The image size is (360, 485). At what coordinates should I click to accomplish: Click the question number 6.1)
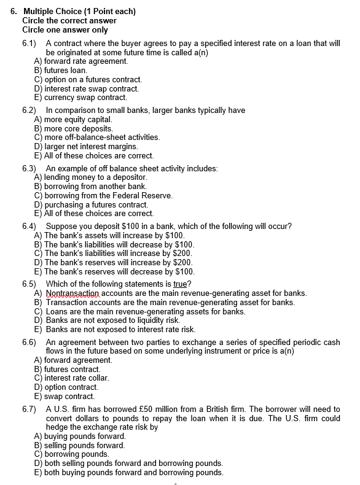click(x=28, y=44)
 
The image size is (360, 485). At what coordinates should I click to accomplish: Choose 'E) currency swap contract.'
click(x=80, y=97)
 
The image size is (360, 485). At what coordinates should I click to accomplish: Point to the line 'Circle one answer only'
click(x=65, y=30)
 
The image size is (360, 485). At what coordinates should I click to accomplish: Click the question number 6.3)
click(x=28, y=169)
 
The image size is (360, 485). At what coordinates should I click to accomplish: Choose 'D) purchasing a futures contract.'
click(x=91, y=204)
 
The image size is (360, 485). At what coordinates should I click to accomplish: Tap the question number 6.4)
click(x=28, y=227)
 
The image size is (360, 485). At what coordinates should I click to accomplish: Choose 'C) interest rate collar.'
click(x=71, y=378)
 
